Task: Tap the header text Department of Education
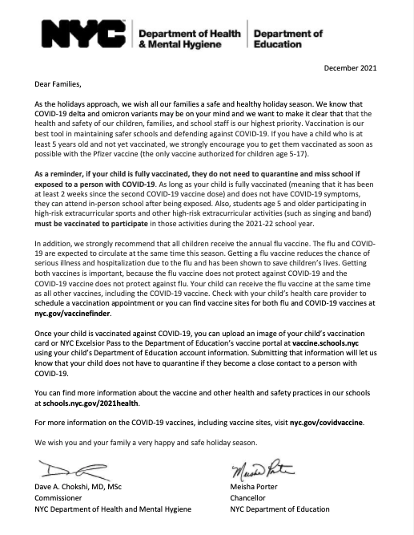point(288,39)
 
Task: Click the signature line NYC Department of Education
point(279,509)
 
